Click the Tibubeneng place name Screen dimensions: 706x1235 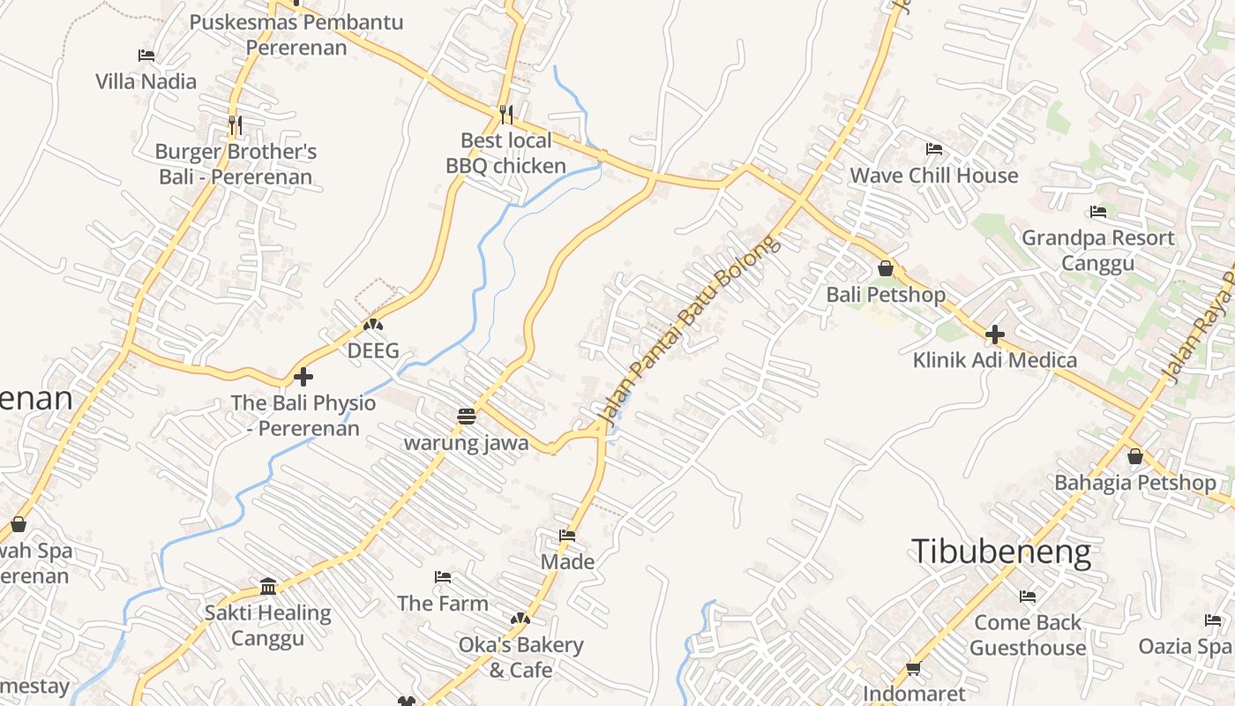pos(1001,552)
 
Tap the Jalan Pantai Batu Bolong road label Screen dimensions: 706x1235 pos(689,327)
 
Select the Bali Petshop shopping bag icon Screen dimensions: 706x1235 pos(886,268)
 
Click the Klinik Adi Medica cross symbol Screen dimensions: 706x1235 pos(995,334)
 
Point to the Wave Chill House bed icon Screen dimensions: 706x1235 pos(934,149)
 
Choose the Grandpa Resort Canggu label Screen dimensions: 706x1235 pos(1097,251)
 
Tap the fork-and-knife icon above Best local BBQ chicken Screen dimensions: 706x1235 pos(506,114)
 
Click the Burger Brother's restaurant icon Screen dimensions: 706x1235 pos(236,125)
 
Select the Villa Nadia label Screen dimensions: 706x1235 pos(146,81)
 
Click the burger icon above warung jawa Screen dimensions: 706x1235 pos(467,417)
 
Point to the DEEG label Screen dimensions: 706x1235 pos(373,350)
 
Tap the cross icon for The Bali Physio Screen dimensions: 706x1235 pos(303,377)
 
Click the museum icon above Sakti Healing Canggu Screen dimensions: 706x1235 pos(268,587)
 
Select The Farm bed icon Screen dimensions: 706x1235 pos(443,577)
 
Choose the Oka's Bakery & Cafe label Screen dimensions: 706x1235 pos(520,657)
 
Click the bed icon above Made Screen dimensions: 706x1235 pos(567,536)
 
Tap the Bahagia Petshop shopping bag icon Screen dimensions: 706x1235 pos(1135,456)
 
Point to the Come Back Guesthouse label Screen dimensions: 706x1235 pos(1028,635)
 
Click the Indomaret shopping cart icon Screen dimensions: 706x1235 pos(914,669)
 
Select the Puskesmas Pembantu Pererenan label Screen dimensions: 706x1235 pos(296,34)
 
